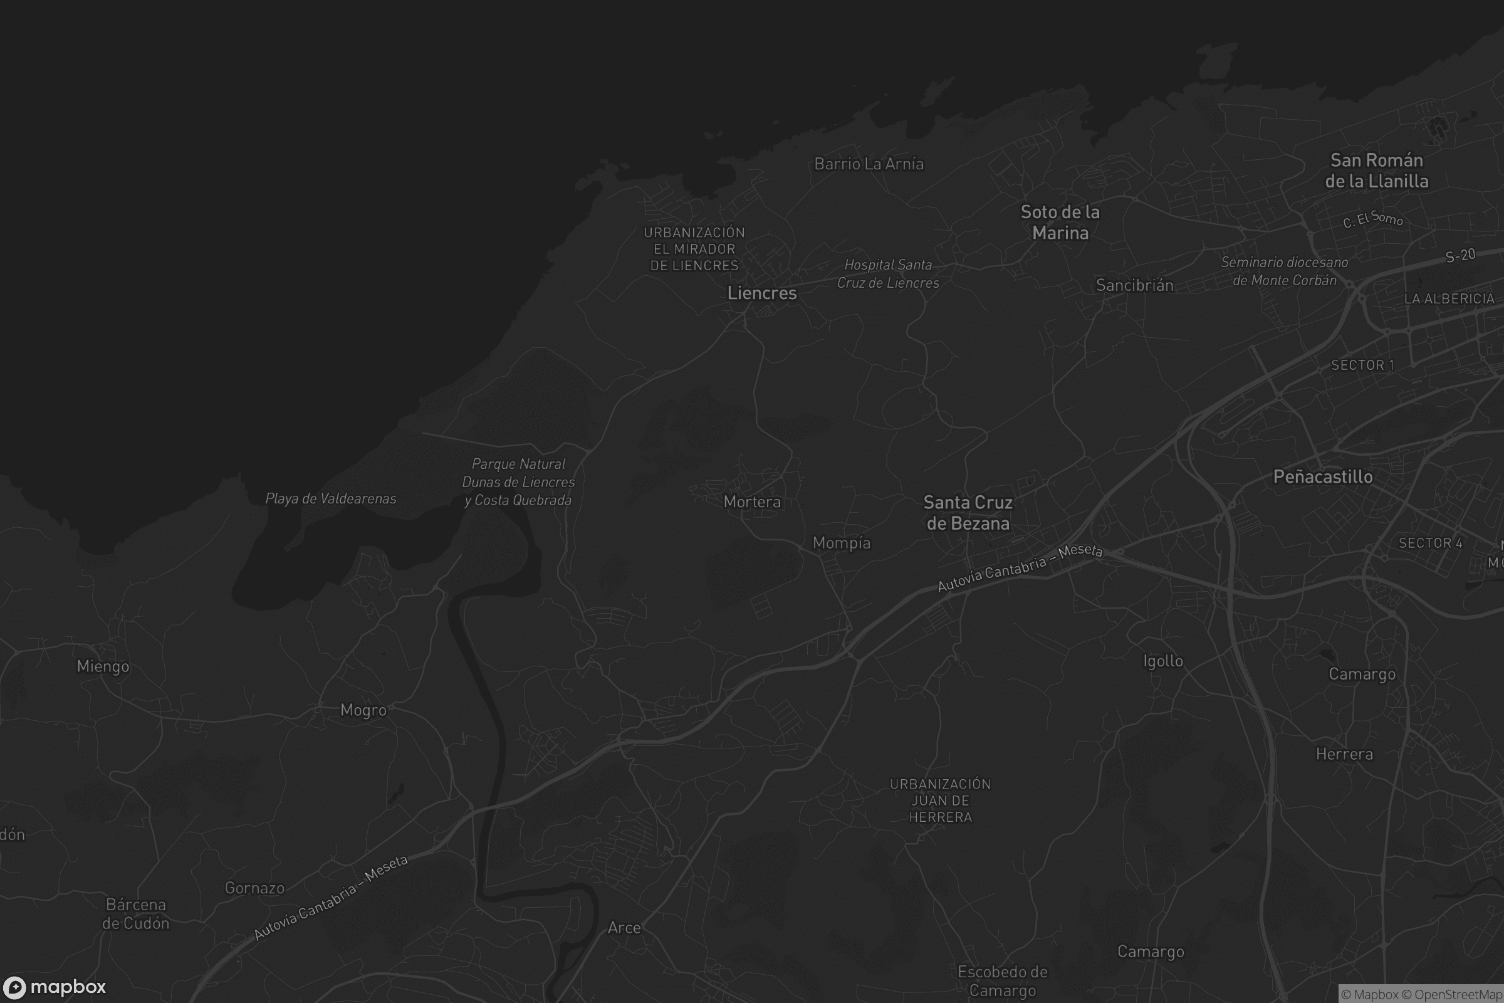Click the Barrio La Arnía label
click(869, 164)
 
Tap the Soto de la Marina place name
click(1060, 222)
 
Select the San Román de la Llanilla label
click(1376, 170)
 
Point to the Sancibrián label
click(1134, 285)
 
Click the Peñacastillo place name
click(1322, 476)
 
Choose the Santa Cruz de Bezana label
click(968, 513)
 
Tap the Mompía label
click(841, 543)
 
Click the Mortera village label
click(751, 502)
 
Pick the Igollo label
click(1162, 661)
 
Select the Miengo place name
click(103, 666)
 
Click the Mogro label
click(363, 710)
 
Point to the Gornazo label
click(254, 888)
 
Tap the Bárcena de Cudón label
click(135, 913)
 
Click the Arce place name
click(624, 928)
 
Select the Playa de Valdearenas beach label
click(331, 498)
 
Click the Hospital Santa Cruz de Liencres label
click(887, 274)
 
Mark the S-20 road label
click(1460, 256)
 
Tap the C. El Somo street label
click(1372, 219)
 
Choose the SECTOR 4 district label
click(1430, 543)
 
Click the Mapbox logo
click(55, 987)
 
